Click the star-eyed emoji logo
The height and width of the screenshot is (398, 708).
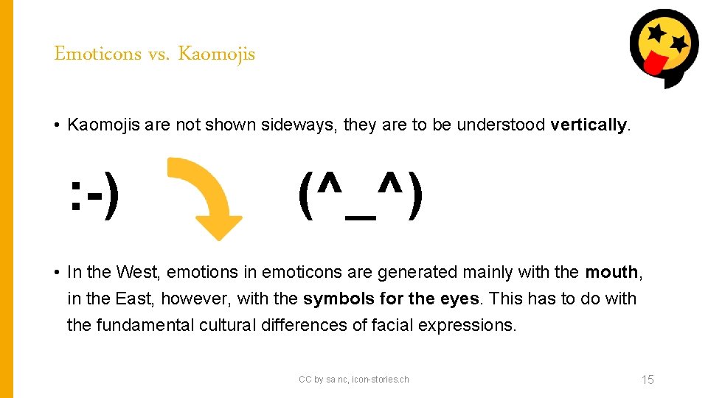tap(664, 46)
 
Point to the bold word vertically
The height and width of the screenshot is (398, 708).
tap(588, 125)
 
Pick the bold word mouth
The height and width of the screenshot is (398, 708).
tap(611, 272)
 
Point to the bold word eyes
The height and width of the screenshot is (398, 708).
tap(461, 298)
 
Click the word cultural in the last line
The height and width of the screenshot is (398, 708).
tap(228, 325)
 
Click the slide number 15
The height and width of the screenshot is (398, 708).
tap(648, 380)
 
